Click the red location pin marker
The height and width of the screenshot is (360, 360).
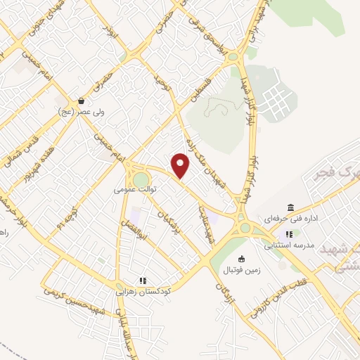(x=181, y=165)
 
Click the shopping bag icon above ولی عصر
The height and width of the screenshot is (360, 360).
(x=82, y=101)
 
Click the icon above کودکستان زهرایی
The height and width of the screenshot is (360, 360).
(x=142, y=280)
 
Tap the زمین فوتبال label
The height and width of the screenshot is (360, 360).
(x=243, y=269)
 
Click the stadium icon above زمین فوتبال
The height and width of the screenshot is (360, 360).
(x=242, y=258)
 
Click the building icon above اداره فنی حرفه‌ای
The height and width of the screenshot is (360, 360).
(x=290, y=207)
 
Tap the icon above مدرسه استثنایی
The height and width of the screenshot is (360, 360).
(x=288, y=235)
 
